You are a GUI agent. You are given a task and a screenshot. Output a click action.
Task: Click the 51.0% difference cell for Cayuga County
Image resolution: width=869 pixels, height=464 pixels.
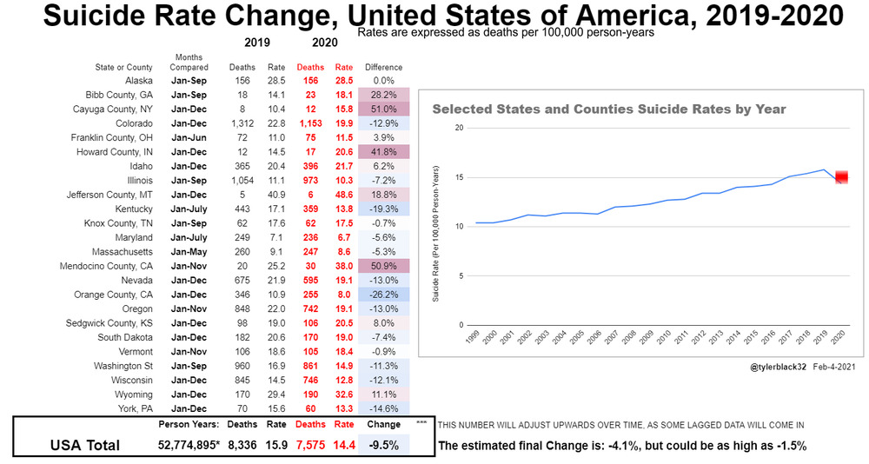click(378, 109)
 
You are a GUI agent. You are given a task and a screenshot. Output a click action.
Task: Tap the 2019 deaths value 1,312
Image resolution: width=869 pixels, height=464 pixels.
click(242, 123)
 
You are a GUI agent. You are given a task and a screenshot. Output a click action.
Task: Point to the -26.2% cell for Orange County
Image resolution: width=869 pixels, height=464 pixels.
click(378, 295)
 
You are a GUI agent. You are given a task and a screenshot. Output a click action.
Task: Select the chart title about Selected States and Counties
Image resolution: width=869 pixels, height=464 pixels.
click(609, 109)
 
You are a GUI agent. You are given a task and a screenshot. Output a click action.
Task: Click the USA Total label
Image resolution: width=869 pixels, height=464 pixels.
click(86, 446)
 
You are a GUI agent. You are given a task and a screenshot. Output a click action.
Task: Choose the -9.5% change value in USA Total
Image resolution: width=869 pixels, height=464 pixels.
click(383, 446)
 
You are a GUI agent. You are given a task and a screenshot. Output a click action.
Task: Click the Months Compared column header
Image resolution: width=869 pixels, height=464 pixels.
click(189, 63)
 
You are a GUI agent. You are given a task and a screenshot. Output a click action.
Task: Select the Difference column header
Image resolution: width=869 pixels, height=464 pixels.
click(383, 67)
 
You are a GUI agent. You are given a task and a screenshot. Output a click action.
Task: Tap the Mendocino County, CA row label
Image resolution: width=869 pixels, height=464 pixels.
click(117, 266)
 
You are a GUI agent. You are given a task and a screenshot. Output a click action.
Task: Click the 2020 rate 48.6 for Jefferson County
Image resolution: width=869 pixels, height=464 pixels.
click(344, 195)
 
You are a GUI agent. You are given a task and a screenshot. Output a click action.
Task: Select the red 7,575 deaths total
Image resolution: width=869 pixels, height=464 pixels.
click(310, 446)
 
